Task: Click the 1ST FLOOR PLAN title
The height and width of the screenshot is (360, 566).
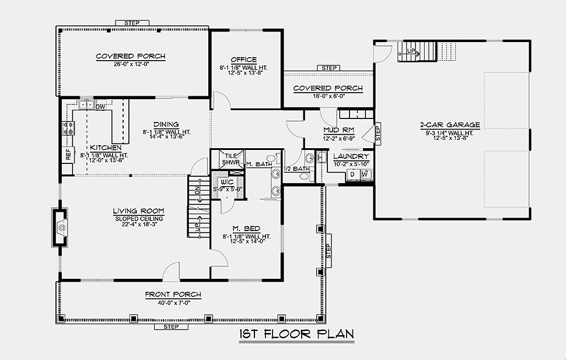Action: (x=296, y=334)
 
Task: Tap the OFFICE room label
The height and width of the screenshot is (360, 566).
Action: (x=244, y=60)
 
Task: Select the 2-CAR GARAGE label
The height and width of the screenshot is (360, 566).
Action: (x=450, y=125)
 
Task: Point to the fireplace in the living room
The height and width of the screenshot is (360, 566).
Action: (x=60, y=228)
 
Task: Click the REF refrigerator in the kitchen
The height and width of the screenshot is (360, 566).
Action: (x=68, y=155)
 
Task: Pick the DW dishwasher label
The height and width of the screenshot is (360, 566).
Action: (x=100, y=107)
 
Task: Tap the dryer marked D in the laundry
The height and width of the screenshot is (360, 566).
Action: (x=352, y=175)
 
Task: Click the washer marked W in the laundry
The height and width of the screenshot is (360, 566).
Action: (x=365, y=175)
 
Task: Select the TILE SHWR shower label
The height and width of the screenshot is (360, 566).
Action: (x=230, y=159)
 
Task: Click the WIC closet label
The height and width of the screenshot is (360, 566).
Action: (x=227, y=182)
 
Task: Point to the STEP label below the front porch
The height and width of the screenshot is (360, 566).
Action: (x=171, y=327)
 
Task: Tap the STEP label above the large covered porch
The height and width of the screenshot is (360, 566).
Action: (x=132, y=23)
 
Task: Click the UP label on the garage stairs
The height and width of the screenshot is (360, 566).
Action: (x=411, y=51)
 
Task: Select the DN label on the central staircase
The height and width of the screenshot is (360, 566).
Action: (x=197, y=191)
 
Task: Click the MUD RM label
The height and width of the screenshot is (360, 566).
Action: (x=338, y=130)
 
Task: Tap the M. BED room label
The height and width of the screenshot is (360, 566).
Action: (x=246, y=229)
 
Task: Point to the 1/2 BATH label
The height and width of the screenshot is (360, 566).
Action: (x=297, y=169)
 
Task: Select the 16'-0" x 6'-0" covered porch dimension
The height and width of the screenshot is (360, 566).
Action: (x=329, y=96)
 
